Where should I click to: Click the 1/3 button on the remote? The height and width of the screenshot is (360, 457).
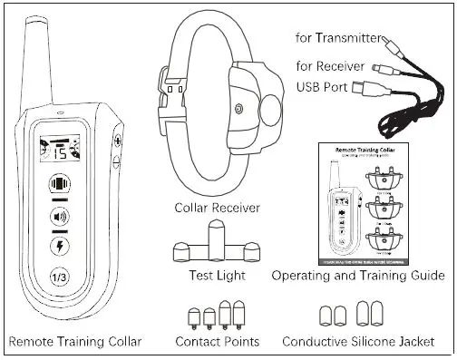click(x=59, y=277)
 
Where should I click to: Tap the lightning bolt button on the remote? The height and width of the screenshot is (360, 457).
click(x=59, y=246)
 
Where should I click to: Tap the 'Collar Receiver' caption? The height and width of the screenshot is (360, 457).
click(x=218, y=209)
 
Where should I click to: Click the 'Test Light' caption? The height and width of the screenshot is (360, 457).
click(x=218, y=275)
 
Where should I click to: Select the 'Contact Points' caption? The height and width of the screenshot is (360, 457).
click(x=218, y=342)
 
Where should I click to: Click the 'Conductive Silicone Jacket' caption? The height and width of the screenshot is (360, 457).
click(x=357, y=342)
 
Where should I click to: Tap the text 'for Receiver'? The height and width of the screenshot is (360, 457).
click(x=332, y=65)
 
